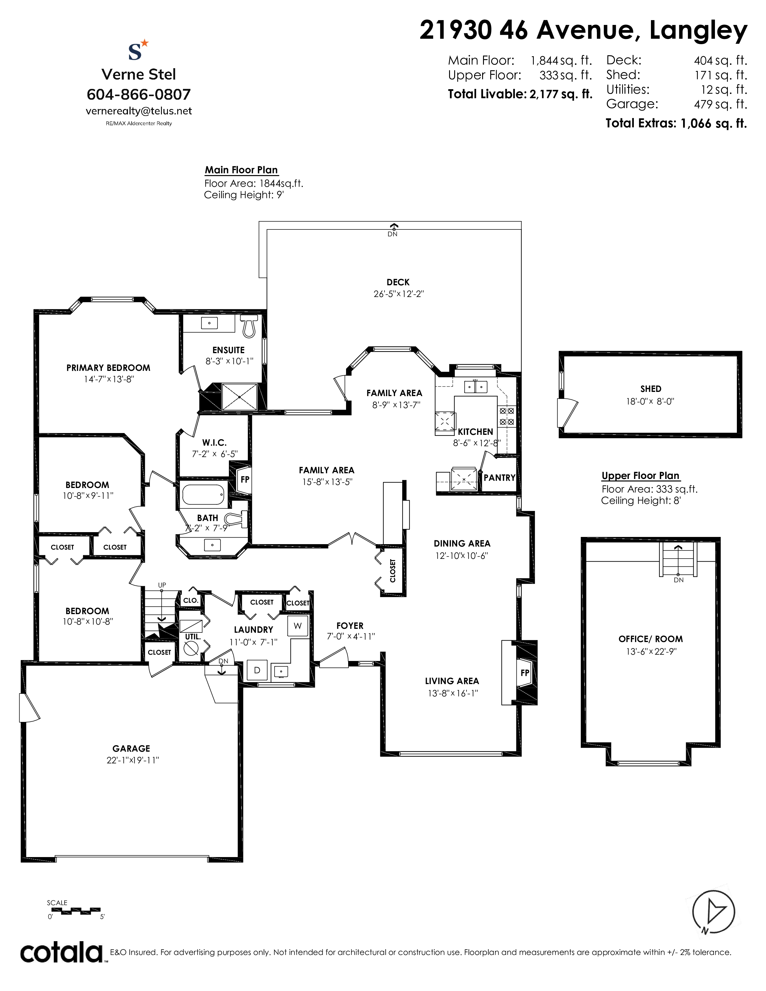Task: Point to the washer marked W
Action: tap(298, 626)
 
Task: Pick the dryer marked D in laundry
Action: tap(257, 670)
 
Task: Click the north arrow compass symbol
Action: tap(713, 912)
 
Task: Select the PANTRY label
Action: tap(499, 477)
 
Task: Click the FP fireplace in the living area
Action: tap(525, 672)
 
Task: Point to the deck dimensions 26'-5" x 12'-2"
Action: tap(398, 294)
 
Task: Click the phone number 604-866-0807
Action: tap(138, 94)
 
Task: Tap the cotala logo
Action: tap(61, 953)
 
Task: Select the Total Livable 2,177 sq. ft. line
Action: tap(520, 94)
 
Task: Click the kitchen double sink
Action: tap(475, 386)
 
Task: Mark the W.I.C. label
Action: tap(214, 443)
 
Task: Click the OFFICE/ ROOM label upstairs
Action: tap(650, 639)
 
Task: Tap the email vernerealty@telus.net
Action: tap(138, 111)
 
